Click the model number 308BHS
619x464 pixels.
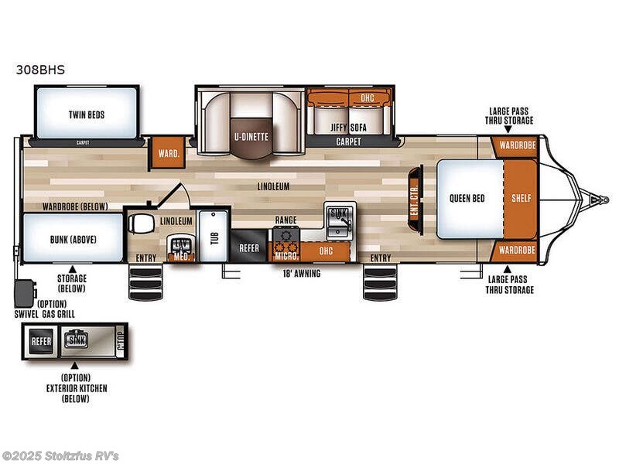click(x=39, y=69)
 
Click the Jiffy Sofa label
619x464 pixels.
click(x=348, y=127)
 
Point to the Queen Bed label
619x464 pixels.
click(x=467, y=198)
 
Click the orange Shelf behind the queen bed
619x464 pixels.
click(x=522, y=198)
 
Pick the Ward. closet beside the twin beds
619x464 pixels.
click(x=167, y=153)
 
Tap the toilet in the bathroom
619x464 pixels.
click(x=142, y=222)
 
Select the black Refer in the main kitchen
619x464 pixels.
click(x=248, y=248)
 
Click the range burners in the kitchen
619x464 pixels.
click(x=285, y=234)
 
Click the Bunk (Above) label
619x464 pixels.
click(x=73, y=239)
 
